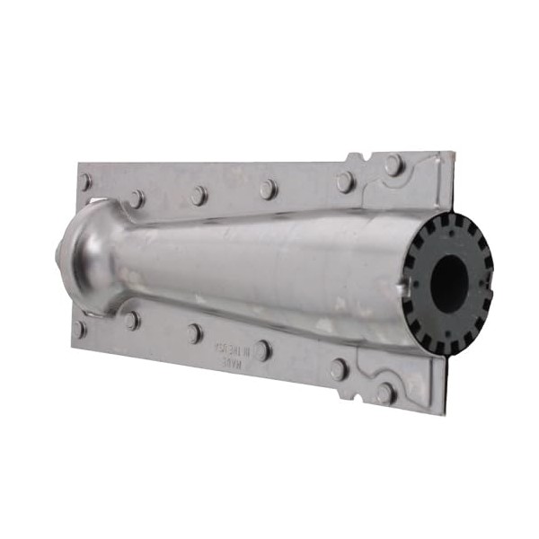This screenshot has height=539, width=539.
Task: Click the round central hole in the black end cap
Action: (x=450, y=283)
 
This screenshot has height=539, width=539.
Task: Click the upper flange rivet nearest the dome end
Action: (x=85, y=182)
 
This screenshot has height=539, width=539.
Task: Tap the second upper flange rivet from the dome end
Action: (x=136, y=198)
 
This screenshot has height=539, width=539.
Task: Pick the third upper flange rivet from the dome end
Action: (x=198, y=195)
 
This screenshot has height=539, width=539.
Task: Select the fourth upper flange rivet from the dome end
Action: (x=268, y=189)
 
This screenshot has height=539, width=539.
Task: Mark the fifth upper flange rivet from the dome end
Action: (x=345, y=182)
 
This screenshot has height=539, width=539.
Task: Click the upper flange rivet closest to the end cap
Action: (x=393, y=165)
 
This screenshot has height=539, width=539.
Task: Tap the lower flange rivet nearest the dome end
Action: (x=81, y=329)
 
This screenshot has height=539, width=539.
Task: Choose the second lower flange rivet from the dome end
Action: (x=132, y=320)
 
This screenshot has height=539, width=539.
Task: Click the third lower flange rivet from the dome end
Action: (x=194, y=333)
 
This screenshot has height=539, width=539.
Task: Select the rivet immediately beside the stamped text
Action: (x=261, y=350)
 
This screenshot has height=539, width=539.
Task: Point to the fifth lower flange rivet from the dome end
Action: (x=339, y=369)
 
